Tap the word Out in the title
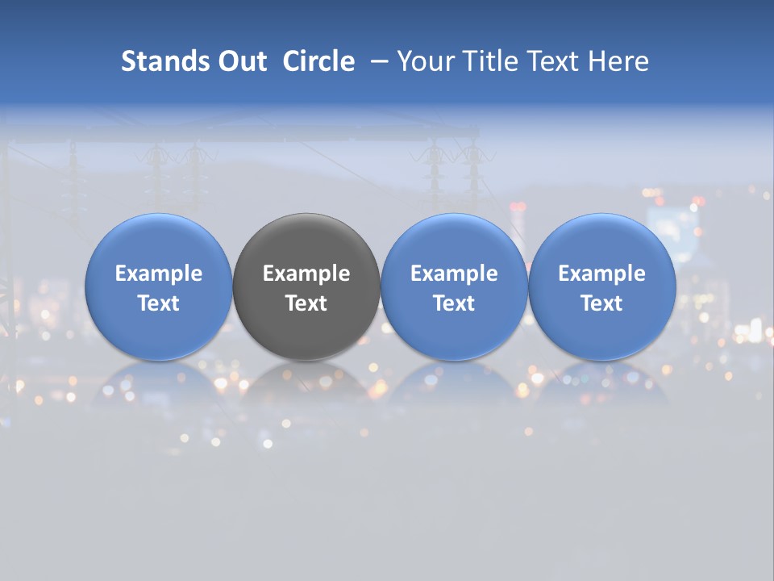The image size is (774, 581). (241, 61)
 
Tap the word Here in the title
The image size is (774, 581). (618, 61)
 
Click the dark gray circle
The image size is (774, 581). (306, 242)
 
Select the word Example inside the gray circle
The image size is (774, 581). (306, 274)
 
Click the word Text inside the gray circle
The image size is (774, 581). (306, 303)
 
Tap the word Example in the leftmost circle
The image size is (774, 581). (159, 274)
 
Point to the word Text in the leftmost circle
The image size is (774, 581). (159, 303)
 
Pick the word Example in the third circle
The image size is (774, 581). (454, 274)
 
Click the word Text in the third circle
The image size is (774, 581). (454, 303)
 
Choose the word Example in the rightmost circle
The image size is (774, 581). (601, 274)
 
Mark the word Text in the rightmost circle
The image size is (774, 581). (601, 303)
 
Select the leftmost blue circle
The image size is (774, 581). (159, 242)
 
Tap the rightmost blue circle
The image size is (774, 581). (601, 242)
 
